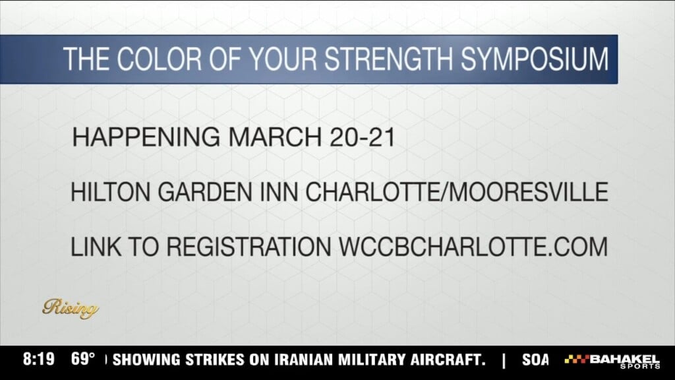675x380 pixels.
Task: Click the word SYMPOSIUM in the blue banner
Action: (535, 59)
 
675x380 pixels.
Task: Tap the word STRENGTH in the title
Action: (389, 59)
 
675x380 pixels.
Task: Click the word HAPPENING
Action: (146, 137)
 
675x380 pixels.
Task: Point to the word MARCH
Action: (275, 137)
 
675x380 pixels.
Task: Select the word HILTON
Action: (110, 192)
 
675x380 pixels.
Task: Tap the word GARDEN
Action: (205, 192)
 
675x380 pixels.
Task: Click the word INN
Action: (279, 192)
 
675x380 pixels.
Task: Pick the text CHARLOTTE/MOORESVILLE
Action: (457, 192)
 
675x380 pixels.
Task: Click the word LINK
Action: (96, 247)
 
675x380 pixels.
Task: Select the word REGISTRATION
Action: (249, 247)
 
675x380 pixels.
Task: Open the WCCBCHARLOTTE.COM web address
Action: (473, 247)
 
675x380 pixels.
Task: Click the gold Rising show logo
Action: (71, 309)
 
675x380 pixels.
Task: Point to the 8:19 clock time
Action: (39, 359)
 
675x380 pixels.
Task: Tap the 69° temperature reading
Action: (82, 359)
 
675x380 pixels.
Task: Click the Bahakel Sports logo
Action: (612, 362)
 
